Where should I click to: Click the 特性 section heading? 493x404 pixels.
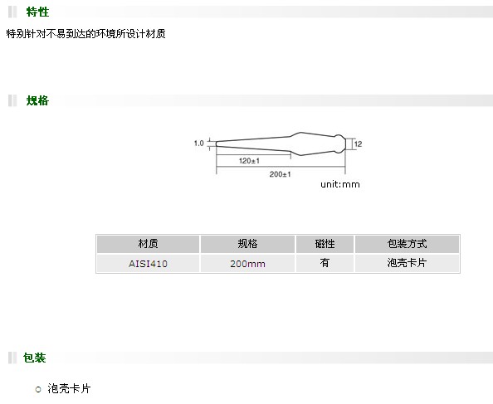pyautogui.click(x=37, y=12)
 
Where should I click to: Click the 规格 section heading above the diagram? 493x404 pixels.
pyautogui.click(x=37, y=100)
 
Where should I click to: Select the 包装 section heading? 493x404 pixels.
pyautogui.click(x=34, y=358)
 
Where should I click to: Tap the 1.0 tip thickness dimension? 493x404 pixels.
pyautogui.click(x=199, y=144)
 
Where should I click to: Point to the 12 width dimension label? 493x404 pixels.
pyautogui.click(x=358, y=144)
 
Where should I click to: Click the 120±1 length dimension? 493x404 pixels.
pyautogui.click(x=249, y=161)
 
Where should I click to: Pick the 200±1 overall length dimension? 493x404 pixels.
pyautogui.click(x=280, y=174)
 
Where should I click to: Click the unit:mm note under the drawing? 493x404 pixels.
pyautogui.click(x=340, y=184)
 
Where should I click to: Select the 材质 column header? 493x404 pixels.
pyautogui.click(x=148, y=244)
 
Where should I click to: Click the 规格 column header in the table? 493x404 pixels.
pyautogui.click(x=247, y=244)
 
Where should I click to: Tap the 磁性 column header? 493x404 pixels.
pyautogui.click(x=325, y=244)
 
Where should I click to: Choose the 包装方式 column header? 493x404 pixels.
pyautogui.click(x=407, y=244)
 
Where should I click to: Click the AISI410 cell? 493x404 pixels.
pyautogui.click(x=148, y=264)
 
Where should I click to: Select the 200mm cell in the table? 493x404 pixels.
pyautogui.click(x=247, y=264)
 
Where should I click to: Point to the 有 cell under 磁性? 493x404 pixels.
pyautogui.click(x=325, y=263)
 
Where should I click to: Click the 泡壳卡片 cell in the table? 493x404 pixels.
pyautogui.click(x=407, y=263)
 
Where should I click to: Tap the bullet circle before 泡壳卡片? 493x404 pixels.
pyautogui.click(x=38, y=390)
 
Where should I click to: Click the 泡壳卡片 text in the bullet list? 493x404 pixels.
pyautogui.click(x=69, y=388)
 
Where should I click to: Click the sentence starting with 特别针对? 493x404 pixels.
pyautogui.click(x=85, y=34)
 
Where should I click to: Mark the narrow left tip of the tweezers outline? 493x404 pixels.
pyautogui.click(x=217, y=144)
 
